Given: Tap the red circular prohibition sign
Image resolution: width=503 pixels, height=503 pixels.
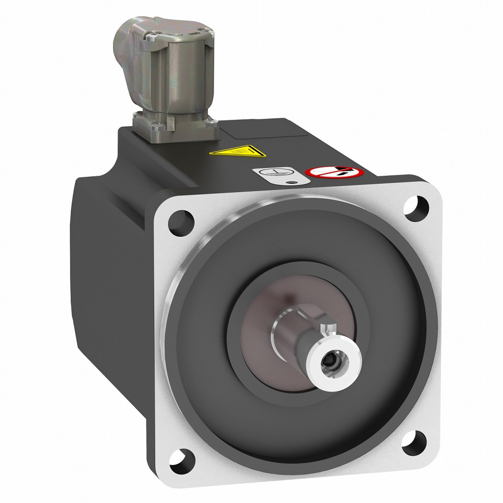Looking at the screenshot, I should [335, 172].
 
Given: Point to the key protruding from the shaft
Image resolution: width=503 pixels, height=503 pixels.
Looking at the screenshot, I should [328, 328].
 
